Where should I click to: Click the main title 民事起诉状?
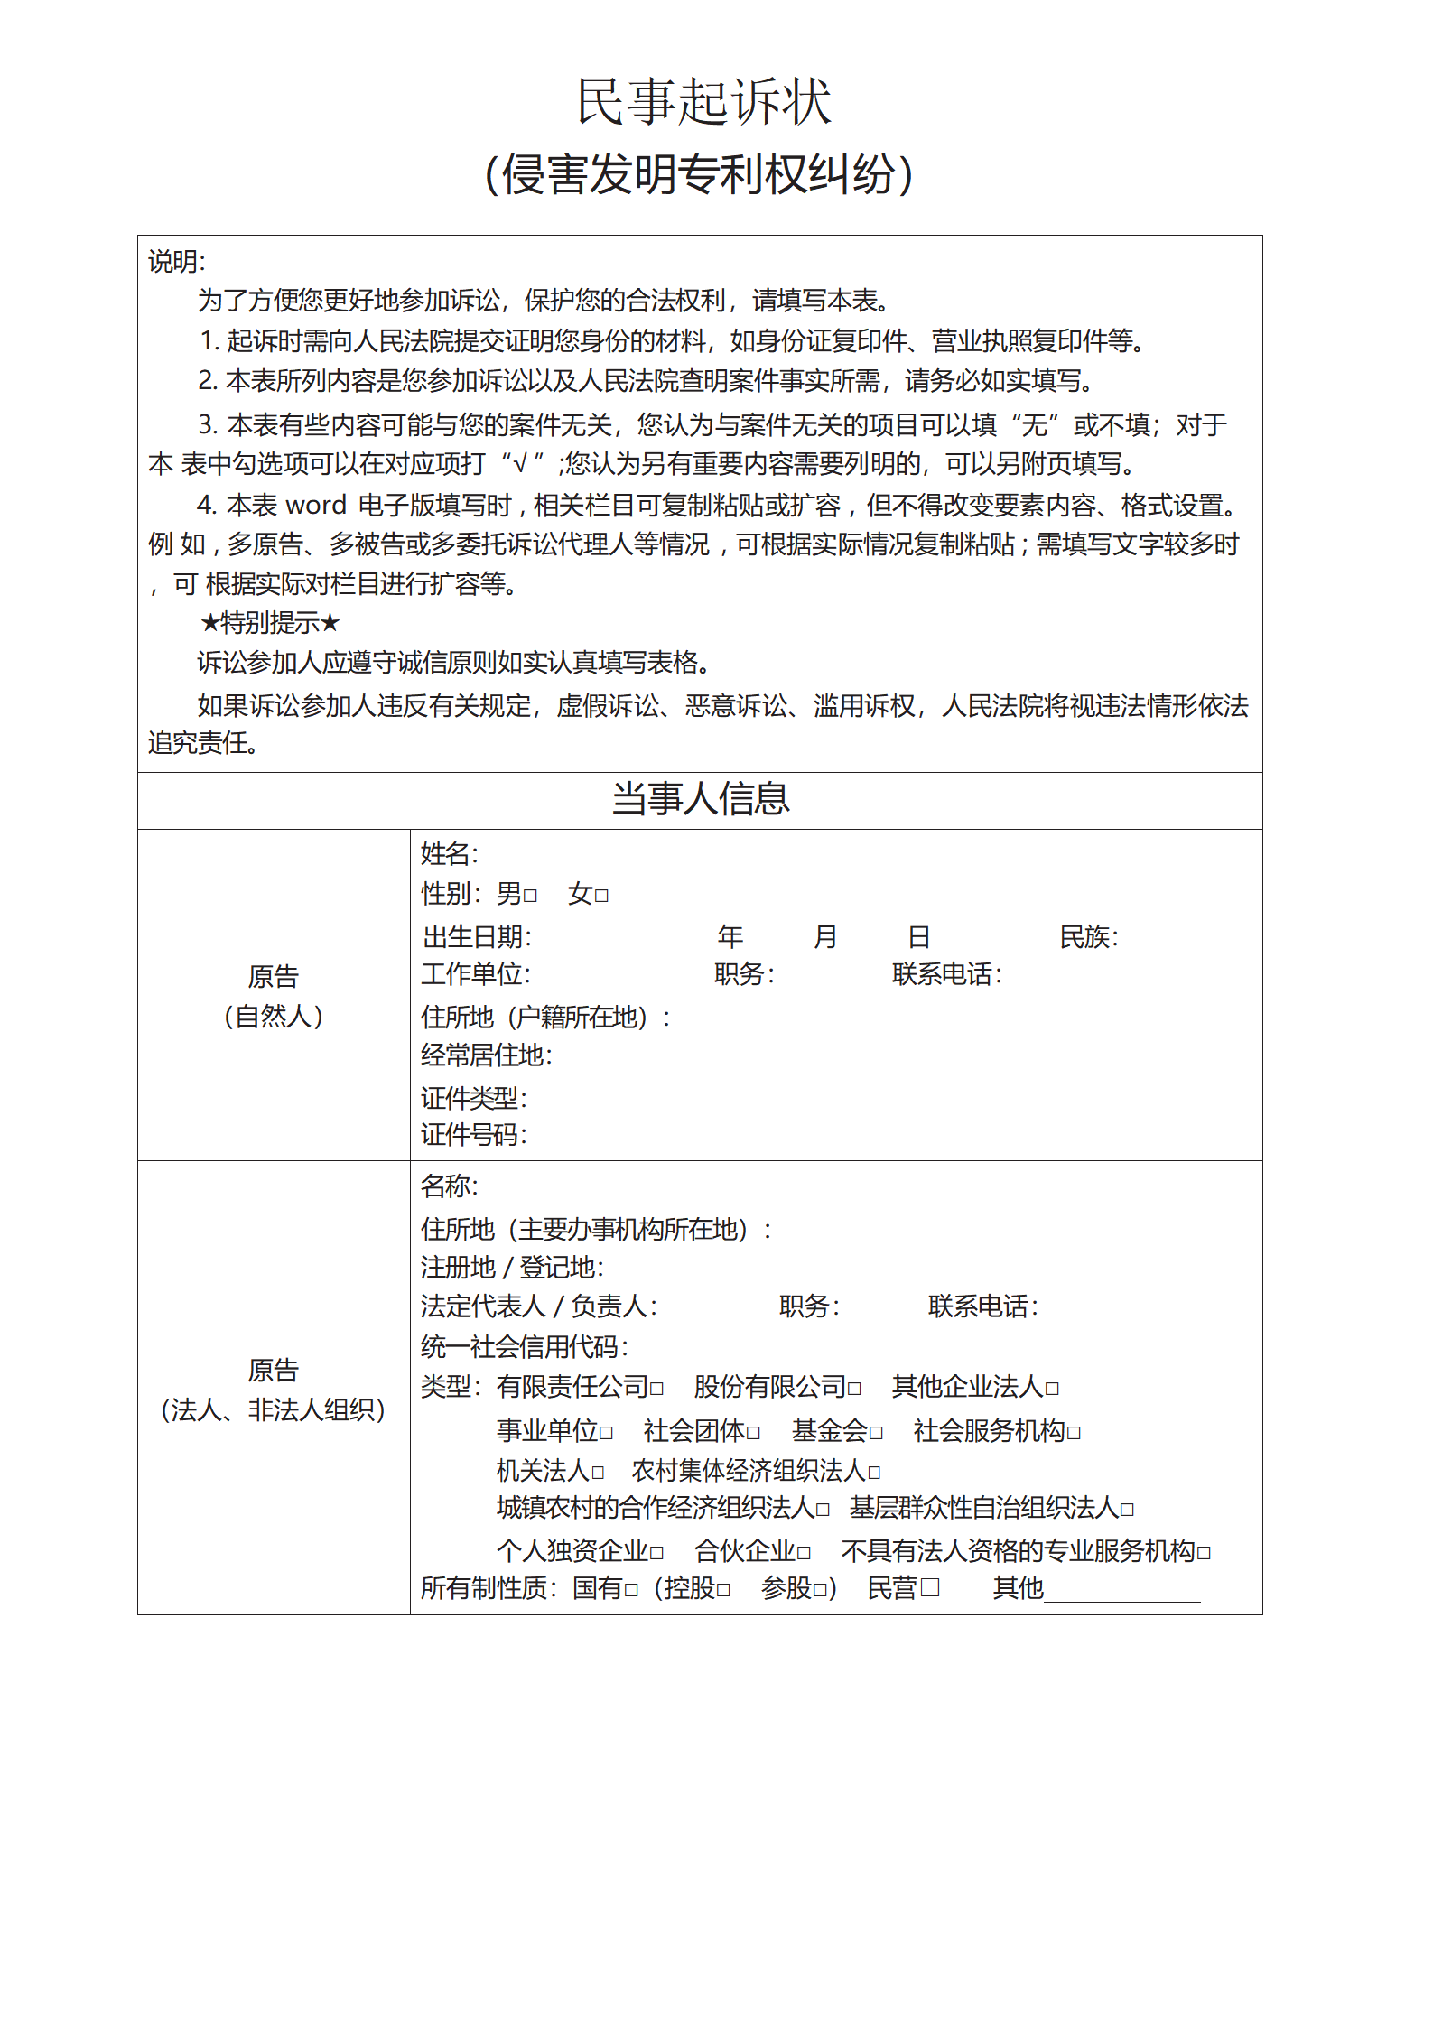point(703,101)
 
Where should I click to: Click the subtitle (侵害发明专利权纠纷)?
point(700,174)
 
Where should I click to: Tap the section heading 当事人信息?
point(700,799)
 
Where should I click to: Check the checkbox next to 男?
point(530,896)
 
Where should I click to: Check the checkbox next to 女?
point(601,896)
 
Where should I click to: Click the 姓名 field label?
point(449,853)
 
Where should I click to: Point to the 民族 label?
point(1088,937)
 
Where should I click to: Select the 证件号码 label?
point(473,1134)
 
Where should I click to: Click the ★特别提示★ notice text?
point(269,622)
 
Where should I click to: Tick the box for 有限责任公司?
point(656,1388)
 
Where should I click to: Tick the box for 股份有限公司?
point(854,1388)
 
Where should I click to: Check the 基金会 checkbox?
point(875,1433)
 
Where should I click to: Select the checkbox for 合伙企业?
point(803,1553)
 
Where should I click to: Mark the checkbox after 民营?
point(929,1587)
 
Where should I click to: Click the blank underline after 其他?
point(1121,1591)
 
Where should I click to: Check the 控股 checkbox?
point(723,1590)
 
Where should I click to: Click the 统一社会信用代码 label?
point(524,1347)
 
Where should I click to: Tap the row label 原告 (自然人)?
point(273,996)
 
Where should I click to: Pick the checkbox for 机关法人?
point(597,1473)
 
